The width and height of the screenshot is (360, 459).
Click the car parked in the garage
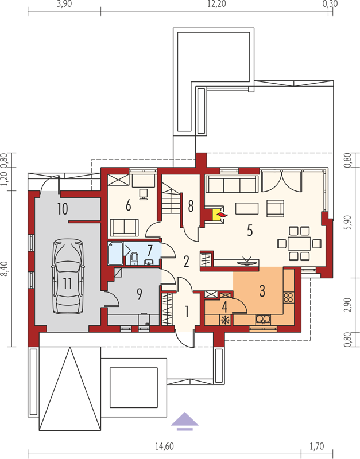(x=68, y=276)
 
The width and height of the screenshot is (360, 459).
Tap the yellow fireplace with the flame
(x=219, y=216)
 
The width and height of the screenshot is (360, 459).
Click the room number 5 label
(x=250, y=231)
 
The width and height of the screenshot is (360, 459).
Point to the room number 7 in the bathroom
(x=150, y=251)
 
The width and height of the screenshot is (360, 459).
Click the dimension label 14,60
(x=164, y=446)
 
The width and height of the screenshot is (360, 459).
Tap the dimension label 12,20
(x=216, y=4)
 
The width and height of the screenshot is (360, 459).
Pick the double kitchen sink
(x=263, y=320)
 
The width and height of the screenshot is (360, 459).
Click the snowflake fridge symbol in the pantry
(x=226, y=320)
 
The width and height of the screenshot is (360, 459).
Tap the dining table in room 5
(x=299, y=243)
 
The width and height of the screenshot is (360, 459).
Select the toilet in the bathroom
(x=134, y=258)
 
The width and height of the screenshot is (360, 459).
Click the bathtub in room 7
(x=115, y=253)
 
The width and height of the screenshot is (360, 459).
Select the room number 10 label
(x=63, y=209)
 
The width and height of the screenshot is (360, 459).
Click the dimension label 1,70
(x=317, y=446)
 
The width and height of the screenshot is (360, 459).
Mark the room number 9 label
(x=140, y=294)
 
